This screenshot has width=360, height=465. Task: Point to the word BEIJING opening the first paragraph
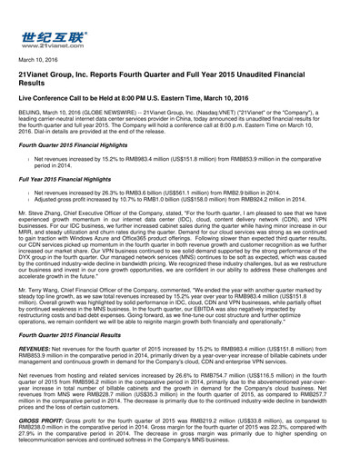[32, 123]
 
